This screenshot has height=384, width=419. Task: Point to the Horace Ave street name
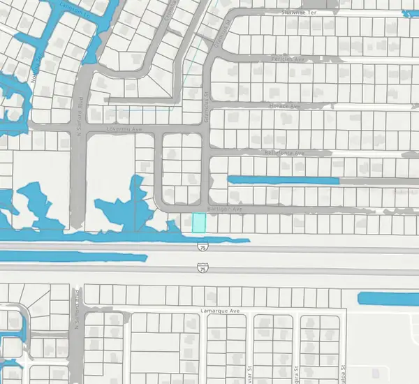point(284,106)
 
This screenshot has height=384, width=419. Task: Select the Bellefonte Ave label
point(285,153)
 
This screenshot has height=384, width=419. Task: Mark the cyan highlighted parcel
point(199,223)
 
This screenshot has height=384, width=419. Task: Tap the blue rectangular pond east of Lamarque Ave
point(388,299)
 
